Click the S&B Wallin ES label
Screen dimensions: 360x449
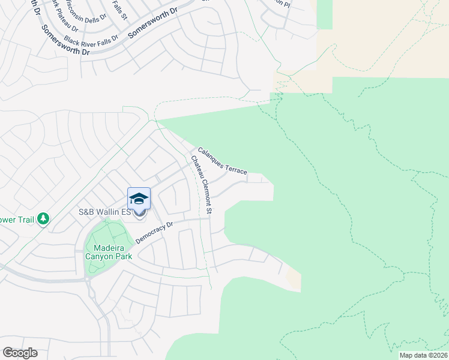104,212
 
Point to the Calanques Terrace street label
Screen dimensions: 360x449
222,161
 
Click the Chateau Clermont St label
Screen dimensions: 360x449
202,185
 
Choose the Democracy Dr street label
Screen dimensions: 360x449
154,232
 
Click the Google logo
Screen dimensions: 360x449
20,353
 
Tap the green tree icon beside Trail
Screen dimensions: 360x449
43,219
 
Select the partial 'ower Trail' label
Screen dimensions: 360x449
17,219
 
